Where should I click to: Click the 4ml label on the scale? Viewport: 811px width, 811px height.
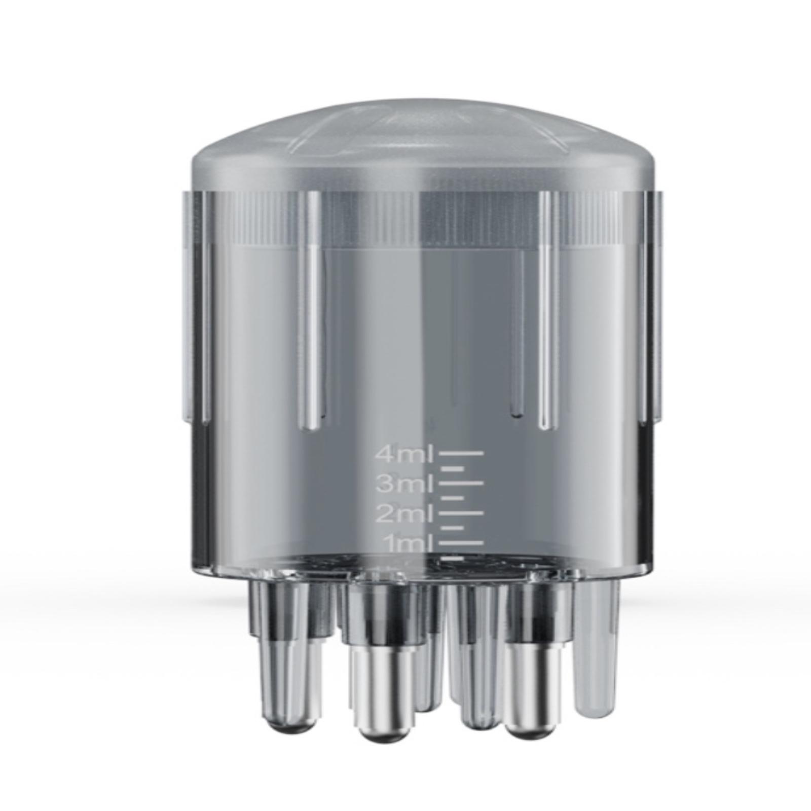(x=403, y=455)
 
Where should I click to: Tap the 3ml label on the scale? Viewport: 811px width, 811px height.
(x=404, y=485)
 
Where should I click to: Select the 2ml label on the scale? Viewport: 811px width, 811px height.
(x=404, y=514)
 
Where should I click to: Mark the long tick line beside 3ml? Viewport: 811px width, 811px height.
(x=461, y=483)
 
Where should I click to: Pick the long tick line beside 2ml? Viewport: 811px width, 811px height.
(x=461, y=512)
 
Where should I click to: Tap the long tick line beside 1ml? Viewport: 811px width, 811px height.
(x=461, y=542)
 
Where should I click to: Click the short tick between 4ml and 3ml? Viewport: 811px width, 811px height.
(x=453, y=468)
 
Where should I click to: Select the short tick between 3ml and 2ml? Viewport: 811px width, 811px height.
(x=453, y=498)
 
